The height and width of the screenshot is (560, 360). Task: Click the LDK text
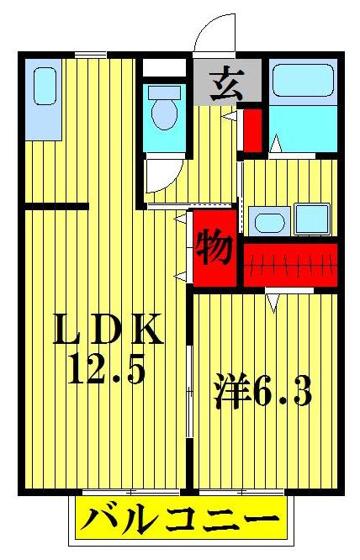(108, 330)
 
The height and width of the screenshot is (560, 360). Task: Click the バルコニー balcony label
(178, 518)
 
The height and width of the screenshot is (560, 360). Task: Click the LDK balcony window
(130, 489)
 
